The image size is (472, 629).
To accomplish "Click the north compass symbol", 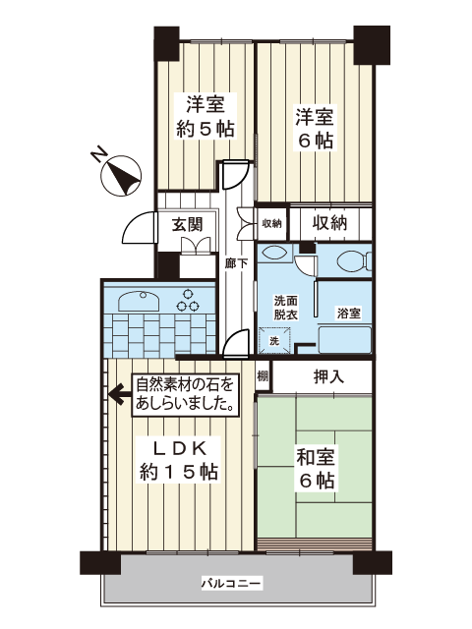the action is [x=120, y=176].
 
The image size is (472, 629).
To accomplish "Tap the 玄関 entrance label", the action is [x=188, y=225].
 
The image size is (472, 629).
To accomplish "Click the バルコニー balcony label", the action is [x=232, y=583].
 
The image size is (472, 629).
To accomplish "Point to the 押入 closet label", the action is [x=329, y=376].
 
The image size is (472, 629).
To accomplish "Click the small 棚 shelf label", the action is [x=263, y=376].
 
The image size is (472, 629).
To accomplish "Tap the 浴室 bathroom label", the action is [x=348, y=314].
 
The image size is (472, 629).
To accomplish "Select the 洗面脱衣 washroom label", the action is [x=286, y=308].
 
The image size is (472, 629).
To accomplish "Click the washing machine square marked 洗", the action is [x=274, y=341].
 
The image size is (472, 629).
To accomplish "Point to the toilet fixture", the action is [x=354, y=261].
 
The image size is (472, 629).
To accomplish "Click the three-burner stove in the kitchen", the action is [x=188, y=301].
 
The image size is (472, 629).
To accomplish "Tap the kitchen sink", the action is [x=139, y=300].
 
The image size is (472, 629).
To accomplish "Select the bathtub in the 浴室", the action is [x=345, y=340].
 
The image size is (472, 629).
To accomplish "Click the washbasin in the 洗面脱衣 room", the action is [x=275, y=254].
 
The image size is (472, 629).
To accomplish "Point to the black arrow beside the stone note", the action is [x=120, y=395].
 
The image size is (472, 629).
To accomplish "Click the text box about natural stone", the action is [x=186, y=395].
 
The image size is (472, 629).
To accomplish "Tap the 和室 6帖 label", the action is [x=315, y=469].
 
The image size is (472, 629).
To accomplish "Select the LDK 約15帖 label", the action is [x=179, y=460].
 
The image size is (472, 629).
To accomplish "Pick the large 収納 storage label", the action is [x=329, y=223].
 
